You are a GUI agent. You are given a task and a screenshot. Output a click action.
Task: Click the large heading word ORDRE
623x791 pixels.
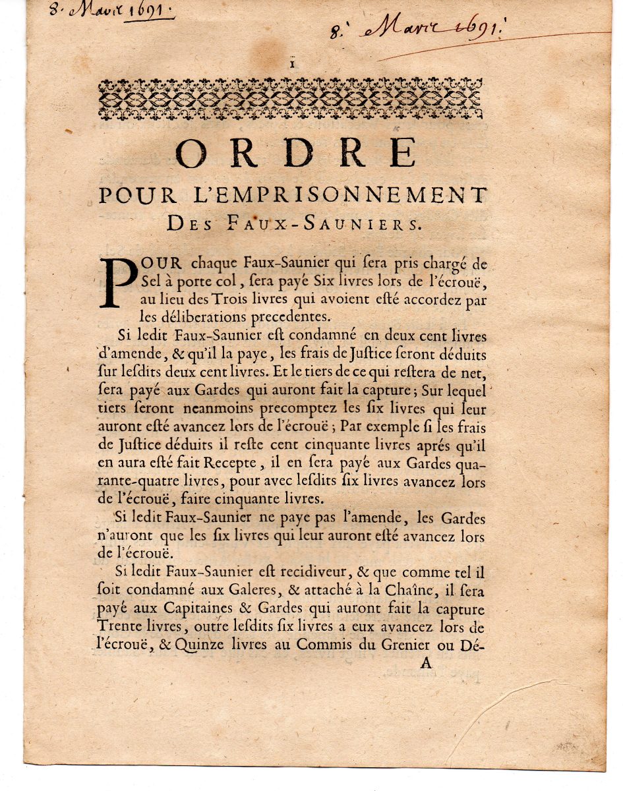tap(296, 154)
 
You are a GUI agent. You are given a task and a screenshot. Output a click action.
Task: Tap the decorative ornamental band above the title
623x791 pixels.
tap(290, 99)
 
